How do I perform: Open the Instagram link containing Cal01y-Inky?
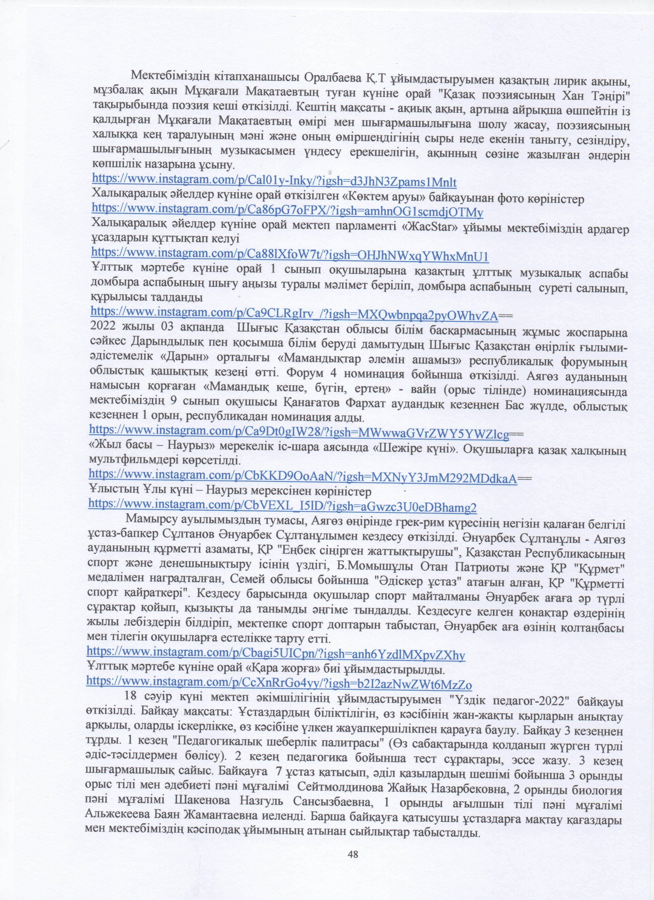tap(274, 181)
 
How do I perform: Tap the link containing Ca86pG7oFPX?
tap(287, 212)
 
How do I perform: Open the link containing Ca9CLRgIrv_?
tap(294, 315)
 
